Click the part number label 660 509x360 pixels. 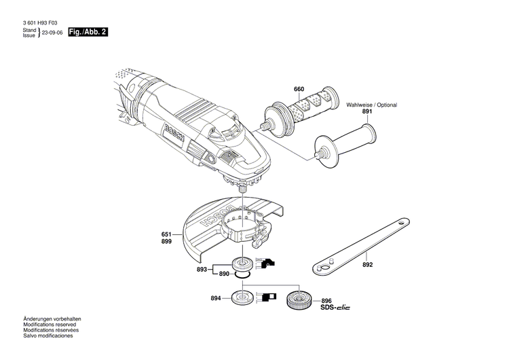click(299, 89)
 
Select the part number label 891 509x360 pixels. click(367, 111)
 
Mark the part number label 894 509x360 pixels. click(216, 298)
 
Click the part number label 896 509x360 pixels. click(326, 301)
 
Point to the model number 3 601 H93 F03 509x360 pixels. click(40, 23)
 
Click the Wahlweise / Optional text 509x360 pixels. click(371, 105)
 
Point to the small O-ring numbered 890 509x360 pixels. click(242, 275)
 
